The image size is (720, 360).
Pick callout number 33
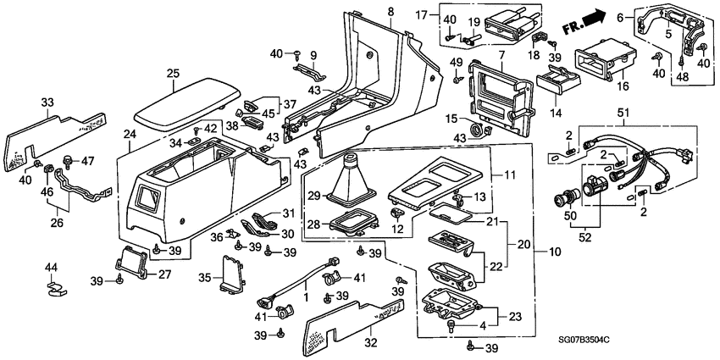tap(48, 103)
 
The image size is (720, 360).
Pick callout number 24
tap(130, 135)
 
